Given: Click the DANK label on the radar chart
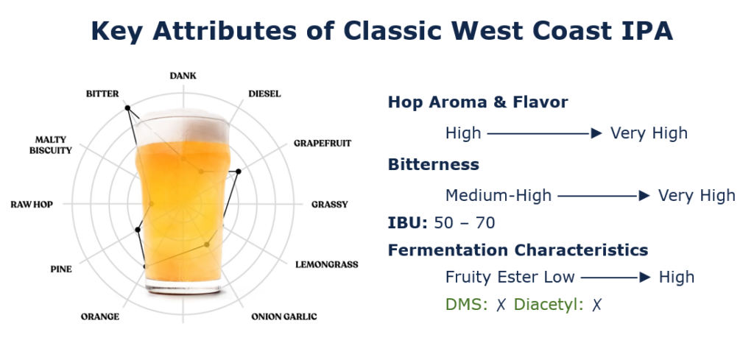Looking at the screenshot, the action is point(183,76).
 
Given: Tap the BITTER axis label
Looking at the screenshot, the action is point(102,93).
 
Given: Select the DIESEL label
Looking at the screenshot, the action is point(264,93).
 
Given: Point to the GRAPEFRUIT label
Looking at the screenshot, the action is point(323,144).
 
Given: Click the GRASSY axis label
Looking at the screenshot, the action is point(329,204).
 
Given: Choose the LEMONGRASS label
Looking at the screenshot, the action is point(327,264).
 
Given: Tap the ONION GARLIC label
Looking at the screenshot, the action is point(284,317).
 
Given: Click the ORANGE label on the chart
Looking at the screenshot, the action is point(100,317).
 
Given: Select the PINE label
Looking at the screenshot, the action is point(61,269).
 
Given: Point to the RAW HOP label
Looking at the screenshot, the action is point(32,204).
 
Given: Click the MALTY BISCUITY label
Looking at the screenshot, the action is point(51,145).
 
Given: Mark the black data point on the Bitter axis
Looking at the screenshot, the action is point(127,107).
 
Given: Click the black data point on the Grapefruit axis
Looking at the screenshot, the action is point(239,171).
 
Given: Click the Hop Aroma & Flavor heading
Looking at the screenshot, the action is point(478,102).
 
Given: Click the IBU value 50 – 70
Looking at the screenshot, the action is point(465,223).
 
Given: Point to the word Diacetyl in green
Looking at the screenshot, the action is point(549,305).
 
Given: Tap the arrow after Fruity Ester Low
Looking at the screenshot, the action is point(616,278).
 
